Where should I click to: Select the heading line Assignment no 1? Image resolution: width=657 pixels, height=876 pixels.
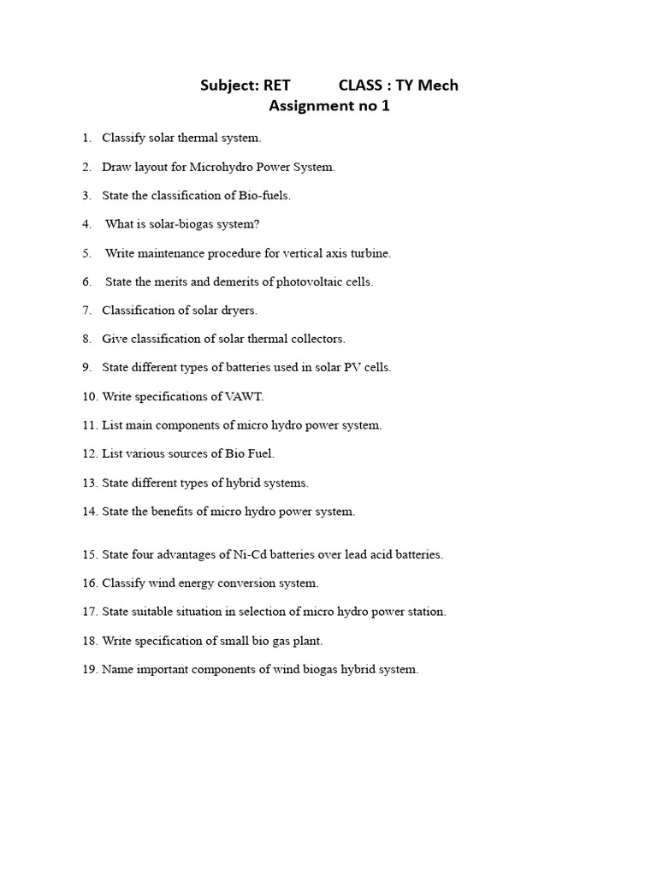pyautogui.click(x=329, y=106)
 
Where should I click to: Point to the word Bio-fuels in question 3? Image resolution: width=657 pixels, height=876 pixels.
pyautogui.click(x=264, y=195)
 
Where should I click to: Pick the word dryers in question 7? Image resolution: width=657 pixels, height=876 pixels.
pyautogui.click(x=239, y=311)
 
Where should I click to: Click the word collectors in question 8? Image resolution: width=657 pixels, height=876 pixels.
pyautogui.click(x=317, y=339)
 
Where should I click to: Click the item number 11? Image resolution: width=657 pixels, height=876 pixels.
pyautogui.click(x=90, y=425)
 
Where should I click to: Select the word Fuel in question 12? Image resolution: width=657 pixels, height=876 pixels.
pyautogui.click(x=260, y=454)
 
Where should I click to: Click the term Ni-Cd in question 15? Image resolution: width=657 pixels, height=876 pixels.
pyautogui.click(x=247, y=554)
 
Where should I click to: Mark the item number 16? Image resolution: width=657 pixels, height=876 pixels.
pyautogui.click(x=90, y=583)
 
